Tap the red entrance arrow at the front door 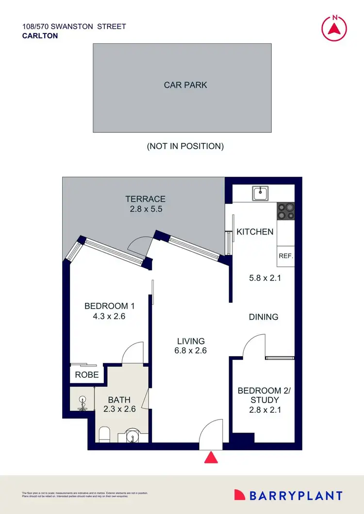click(x=211, y=458)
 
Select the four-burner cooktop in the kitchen click(x=285, y=211)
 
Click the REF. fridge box click(x=285, y=256)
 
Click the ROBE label click(x=87, y=374)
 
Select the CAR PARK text click(x=185, y=85)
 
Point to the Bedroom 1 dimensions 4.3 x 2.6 click(x=109, y=316)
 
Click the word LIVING click(x=191, y=341)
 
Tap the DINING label click(x=264, y=317)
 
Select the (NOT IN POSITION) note click(x=185, y=146)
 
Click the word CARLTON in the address click(x=40, y=35)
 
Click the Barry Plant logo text click(x=296, y=495)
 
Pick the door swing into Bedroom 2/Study click(x=253, y=345)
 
